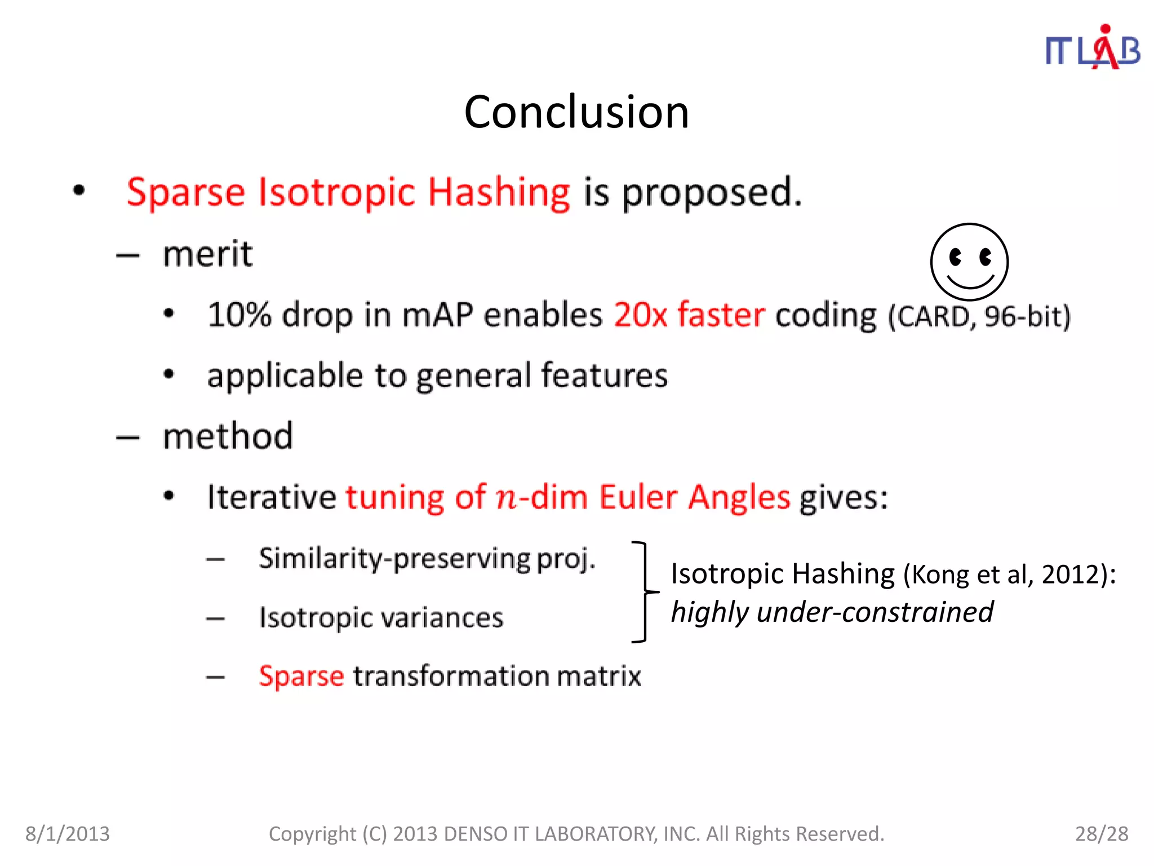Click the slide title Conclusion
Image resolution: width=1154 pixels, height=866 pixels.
(576, 112)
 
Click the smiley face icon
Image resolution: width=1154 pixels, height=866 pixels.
(969, 262)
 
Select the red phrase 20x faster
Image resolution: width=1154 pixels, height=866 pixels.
(689, 315)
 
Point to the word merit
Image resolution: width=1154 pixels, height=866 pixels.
(207, 254)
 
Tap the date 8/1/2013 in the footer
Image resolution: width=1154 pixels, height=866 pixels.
(68, 833)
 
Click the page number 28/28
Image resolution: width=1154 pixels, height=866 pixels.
(1102, 833)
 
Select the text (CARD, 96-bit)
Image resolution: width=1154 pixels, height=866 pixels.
(979, 316)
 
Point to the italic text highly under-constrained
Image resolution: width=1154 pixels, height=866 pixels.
(832, 612)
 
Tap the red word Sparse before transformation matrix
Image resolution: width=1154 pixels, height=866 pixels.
(301, 675)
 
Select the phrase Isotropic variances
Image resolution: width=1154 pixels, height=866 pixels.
(381, 617)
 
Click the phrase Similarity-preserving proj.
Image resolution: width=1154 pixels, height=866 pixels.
(427, 558)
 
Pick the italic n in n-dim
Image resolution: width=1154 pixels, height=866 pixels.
(506, 498)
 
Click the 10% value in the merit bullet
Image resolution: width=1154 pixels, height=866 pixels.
(239, 315)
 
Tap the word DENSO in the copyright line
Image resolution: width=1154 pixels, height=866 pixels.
(476, 833)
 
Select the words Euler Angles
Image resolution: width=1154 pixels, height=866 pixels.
(694, 497)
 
